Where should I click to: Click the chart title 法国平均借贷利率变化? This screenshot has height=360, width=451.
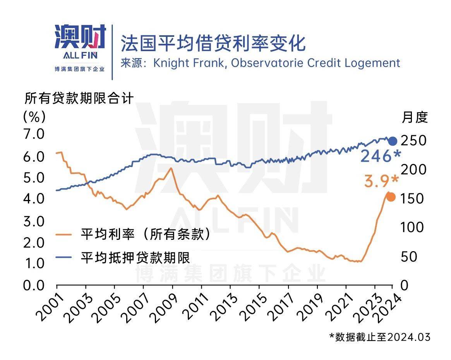pos(213,43)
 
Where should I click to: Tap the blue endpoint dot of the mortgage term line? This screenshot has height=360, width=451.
pos(392,141)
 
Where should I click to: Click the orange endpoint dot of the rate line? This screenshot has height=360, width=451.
pos(391,197)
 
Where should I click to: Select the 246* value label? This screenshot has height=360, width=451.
pos(381,157)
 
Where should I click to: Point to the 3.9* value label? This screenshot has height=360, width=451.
pos(381,181)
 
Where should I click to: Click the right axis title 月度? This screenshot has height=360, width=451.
pos(415,117)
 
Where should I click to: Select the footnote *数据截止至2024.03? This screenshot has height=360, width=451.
pos(380,337)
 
